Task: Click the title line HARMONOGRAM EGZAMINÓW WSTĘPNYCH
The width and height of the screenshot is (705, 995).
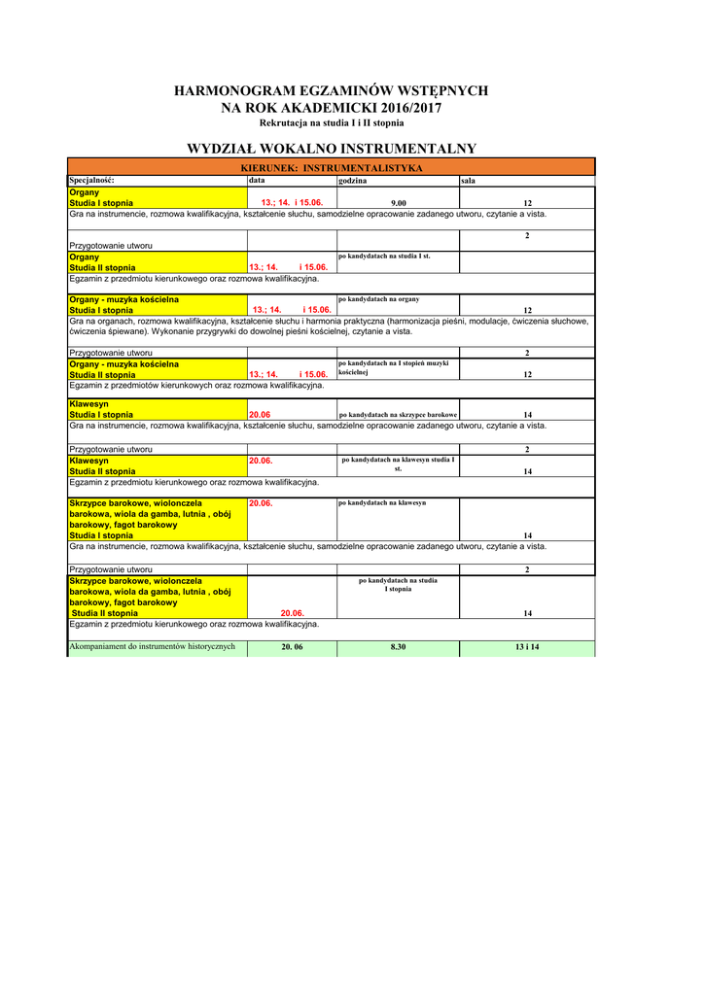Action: [x=331, y=91]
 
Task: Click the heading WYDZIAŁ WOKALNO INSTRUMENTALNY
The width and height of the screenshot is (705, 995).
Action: [x=331, y=149]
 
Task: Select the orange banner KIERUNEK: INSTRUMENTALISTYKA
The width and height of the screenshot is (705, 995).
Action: [x=331, y=168]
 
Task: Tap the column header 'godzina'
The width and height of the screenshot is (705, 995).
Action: [x=353, y=181]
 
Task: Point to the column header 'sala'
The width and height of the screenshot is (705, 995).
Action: [x=469, y=181]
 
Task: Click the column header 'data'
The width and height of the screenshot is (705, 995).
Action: [x=257, y=181]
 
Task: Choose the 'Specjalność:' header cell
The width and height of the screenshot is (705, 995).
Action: [x=92, y=181]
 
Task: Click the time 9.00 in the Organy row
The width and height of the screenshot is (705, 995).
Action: [x=398, y=203]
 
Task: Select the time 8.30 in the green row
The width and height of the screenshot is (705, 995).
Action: [x=398, y=647]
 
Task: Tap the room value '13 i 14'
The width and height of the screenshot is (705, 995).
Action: [x=527, y=647]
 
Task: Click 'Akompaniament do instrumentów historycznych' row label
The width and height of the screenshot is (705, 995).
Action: [x=153, y=647]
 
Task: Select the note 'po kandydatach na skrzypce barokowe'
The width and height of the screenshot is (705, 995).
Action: [x=398, y=415]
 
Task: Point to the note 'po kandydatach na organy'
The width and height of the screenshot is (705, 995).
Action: [x=379, y=299]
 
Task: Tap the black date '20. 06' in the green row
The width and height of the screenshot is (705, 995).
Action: [x=292, y=647]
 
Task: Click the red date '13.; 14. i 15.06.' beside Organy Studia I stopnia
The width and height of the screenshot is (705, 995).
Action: [x=292, y=203]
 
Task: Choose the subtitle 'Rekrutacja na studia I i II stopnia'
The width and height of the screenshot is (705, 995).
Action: [x=331, y=123]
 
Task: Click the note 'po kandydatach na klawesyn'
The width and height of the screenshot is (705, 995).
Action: [x=382, y=503]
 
